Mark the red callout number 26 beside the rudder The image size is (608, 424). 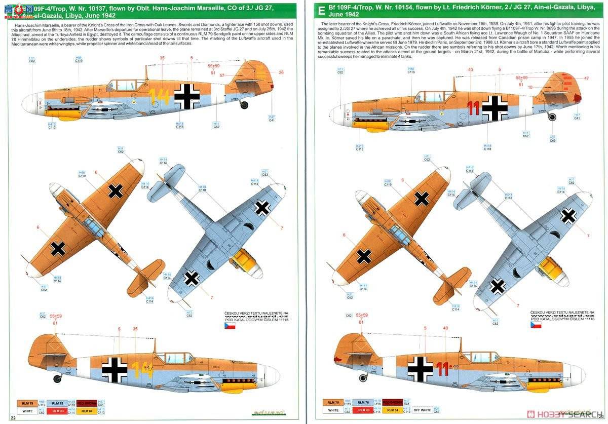point(281,72)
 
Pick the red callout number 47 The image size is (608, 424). point(586,78)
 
